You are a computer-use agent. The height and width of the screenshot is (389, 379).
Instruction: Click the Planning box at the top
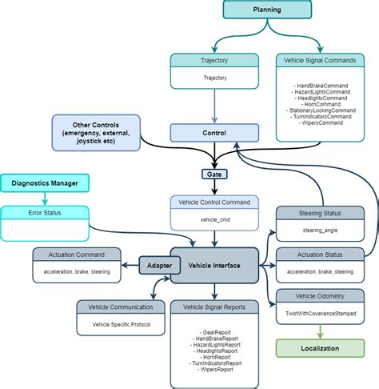tap(267, 10)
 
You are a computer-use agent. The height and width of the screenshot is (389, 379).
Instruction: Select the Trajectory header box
tap(214, 60)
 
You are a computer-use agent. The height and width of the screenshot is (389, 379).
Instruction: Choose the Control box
tap(214, 133)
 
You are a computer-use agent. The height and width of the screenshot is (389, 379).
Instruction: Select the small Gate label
tap(214, 173)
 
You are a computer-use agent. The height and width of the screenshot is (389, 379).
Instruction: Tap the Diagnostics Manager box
tap(45, 183)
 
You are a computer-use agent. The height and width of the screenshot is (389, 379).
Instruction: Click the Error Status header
tap(45, 213)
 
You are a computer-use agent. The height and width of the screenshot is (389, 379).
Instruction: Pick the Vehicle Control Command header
tap(214, 203)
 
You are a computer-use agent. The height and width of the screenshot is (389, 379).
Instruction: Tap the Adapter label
tap(158, 263)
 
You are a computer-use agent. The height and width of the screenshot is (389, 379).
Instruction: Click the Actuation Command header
tap(77, 254)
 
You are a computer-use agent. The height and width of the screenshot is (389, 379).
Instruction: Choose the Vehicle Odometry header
tap(320, 295)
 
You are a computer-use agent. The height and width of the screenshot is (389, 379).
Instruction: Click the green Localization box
tap(320, 349)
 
